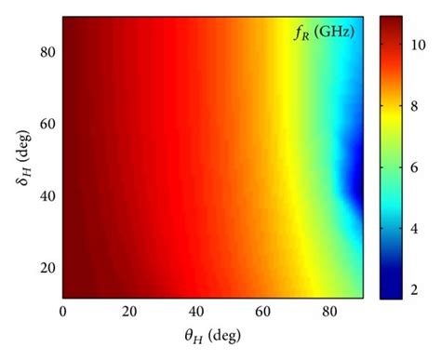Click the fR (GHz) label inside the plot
click(324, 35)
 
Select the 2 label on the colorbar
click(418, 291)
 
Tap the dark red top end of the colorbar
click(392, 20)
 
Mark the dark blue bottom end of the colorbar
click(392, 295)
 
